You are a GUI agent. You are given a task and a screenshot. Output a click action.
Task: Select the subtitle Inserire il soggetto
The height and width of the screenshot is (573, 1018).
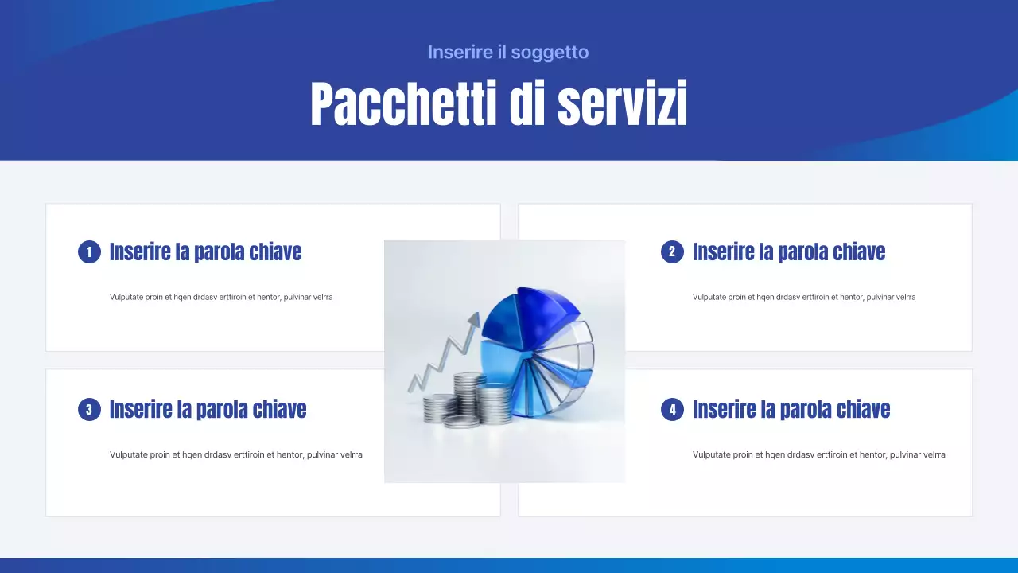point(508,53)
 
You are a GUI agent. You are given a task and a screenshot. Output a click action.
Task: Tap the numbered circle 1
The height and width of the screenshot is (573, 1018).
point(89,252)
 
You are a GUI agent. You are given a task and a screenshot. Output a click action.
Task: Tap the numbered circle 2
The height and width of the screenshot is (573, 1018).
point(672,252)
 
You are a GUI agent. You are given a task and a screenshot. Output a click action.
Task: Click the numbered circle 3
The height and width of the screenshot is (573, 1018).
point(89,410)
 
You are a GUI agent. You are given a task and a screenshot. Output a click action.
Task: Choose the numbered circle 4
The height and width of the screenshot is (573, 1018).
point(672,410)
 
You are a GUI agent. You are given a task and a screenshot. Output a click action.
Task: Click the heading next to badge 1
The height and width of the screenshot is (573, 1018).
point(205,252)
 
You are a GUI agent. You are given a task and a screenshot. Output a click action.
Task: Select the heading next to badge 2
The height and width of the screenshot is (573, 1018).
point(789,252)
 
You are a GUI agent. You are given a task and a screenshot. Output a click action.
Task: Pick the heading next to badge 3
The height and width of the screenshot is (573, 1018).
point(208,410)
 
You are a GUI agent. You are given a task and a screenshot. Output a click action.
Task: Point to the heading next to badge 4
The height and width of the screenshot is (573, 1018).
point(791,410)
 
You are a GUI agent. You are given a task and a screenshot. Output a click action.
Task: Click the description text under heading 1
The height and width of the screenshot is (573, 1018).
point(221,297)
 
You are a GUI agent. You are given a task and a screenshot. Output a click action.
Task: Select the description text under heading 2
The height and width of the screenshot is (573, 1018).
point(804,297)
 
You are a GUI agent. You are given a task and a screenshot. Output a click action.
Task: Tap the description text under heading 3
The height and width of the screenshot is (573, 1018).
point(236,455)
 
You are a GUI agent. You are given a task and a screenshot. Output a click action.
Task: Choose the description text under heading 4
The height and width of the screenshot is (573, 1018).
point(819,455)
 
